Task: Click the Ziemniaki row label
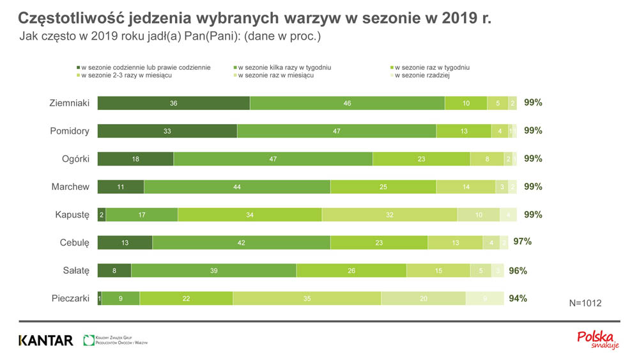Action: pyautogui.click(x=70, y=103)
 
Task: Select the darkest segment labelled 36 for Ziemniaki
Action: pyautogui.click(x=174, y=103)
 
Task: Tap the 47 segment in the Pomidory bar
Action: pyautogui.click(x=337, y=131)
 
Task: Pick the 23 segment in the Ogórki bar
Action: pyautogui.click(x=421, y=159)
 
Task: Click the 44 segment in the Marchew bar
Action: pyautogui.click(x=237, y=187)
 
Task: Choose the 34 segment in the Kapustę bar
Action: pyautogui.click(x=250, y=215)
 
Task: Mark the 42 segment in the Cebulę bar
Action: pyautogui.click(x=242, y=244)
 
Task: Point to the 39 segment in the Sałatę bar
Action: pyautogui.click(x=213, y=271)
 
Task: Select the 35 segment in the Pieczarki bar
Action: pyautogui.click(x=307, y=299)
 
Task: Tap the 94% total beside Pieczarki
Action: pyautogui.click(x=518, y=298)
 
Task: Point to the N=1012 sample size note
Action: pyautogui.click(x=585, y=303)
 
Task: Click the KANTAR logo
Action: pyautogui.click(x=46, y=340)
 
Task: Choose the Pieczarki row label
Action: pyautogui.click(x=70, y=299)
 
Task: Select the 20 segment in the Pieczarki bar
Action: pyautogui.click(x=424, y=299)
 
